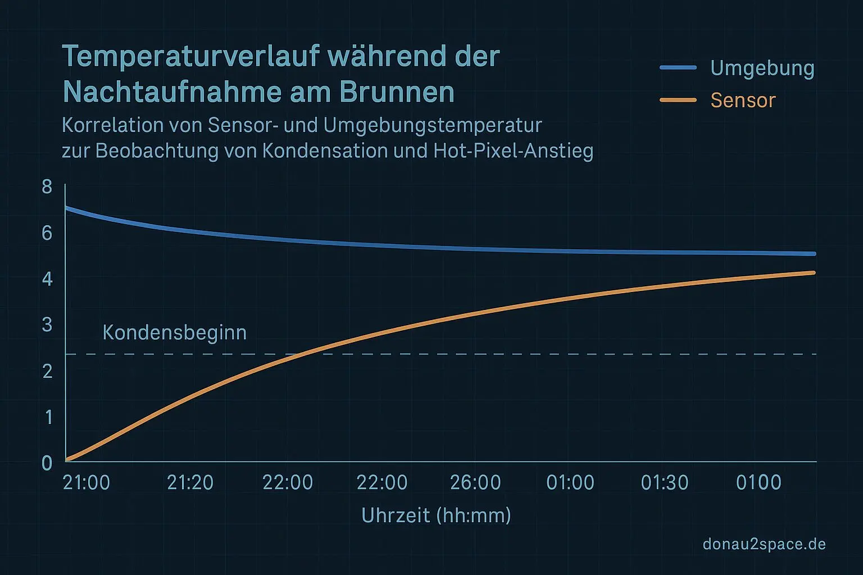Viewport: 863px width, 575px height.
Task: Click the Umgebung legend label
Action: pyautogui.click(x=762, y=68)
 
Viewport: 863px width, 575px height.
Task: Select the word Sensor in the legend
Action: pyautogui.click(x=743, y=101)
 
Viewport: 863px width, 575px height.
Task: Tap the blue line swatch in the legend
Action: pyautogui.click(x=678, y=67)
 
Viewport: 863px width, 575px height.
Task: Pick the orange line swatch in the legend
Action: pyautogui.click(x=678, y=100)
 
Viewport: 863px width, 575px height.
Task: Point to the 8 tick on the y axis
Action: pyautogui.click(x=47, y=187)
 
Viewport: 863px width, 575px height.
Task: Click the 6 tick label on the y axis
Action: pyautogui.click(x=47, y=233)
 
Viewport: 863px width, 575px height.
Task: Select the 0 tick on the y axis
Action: pyautogui.click(x=47, y=463)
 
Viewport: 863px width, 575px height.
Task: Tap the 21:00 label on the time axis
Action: pyautogui.click(x=87, y=482)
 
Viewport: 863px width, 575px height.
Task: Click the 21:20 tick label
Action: pyautogui.click(x=190, y=482)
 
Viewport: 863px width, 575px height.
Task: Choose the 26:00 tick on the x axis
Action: pyautogui.click(x=476, y=482)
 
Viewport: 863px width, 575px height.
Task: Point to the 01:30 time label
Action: pyautogui.click(x=665, y=482)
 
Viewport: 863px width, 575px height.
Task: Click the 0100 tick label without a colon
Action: pyautogui.click(x=758, y=482)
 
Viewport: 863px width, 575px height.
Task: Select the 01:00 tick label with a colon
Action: pyautogui.click(x=570, y=482)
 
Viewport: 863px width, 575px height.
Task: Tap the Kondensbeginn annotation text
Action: pyautogui.click(x=174, y=332)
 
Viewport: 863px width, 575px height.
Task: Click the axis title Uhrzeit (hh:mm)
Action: pyautogui.click(x=436, y=515)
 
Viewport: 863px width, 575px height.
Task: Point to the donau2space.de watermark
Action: pyautogui.click(x=764, y=544)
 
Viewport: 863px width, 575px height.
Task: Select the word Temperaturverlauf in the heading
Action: pyautogui.click(x=190, y=56)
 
